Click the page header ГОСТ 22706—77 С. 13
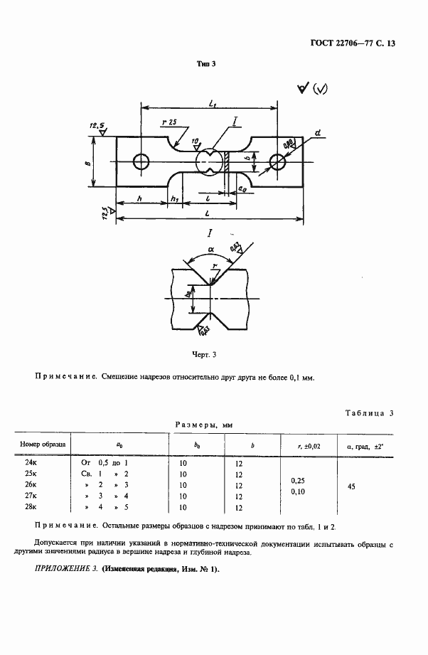(352, 43)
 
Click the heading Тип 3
(205, 63)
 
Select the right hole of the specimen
(277, 163)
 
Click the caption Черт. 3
(204, 353)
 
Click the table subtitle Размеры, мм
(205, 425)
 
